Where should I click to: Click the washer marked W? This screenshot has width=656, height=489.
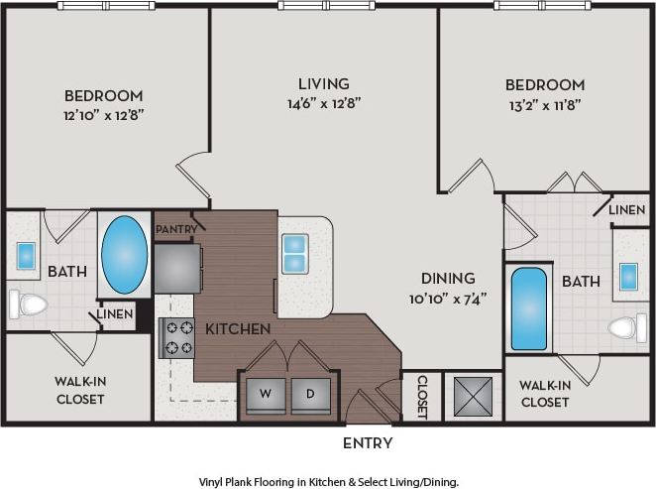click(x=264, y=395)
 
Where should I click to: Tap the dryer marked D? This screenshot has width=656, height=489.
click(x=310, y=395)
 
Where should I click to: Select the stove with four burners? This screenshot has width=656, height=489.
click(x=177, y=337)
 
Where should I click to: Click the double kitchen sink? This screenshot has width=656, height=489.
click(x=294, y=254)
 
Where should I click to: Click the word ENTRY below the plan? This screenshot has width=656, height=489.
click(x=368, y=443)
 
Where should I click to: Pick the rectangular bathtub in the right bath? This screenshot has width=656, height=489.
click(x=528, y=308)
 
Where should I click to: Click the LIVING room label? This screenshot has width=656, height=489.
click(x=324, y=84)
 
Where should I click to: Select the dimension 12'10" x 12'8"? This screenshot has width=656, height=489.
click(x=104, y=114)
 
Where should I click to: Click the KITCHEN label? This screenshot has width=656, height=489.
click(x=238, y=328)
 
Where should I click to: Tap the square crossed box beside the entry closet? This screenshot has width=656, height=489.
click(x=473, y=395)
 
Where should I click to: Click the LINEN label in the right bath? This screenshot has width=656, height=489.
click(x=626, y=210)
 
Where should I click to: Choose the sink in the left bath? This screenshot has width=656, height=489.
click(x=27, y=256)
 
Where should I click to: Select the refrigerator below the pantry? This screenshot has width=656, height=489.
click(x=176, y=268)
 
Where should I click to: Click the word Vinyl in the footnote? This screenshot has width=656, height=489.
click(x=215, y=481)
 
